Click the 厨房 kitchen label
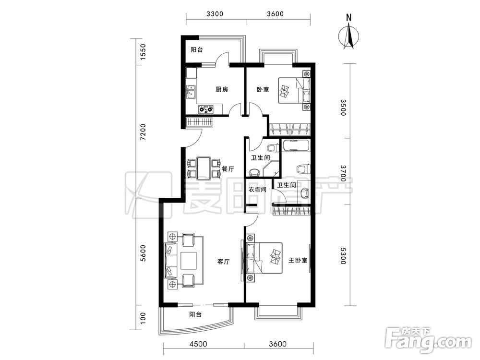click(222, 89)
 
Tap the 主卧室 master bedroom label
click(298, 261)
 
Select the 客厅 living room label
click(224, 262)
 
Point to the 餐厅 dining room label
click(228, 169)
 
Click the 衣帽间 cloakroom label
click(257, 190)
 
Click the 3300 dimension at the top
click(215, 14)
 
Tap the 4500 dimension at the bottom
click(198, 344)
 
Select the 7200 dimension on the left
click(143, 132)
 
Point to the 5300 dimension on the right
click(343, 256)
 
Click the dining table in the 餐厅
click(204, 168)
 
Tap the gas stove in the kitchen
click(206, 108)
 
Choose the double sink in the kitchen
click(192, 92)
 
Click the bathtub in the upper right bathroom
click(295, 146)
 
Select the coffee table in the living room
click(189, 261)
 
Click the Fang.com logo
click(428, 340)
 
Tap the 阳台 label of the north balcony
click(196, 49)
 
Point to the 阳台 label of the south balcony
click(195, 314)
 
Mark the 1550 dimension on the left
click(143, 52)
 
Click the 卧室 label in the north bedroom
click(263, 90)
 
